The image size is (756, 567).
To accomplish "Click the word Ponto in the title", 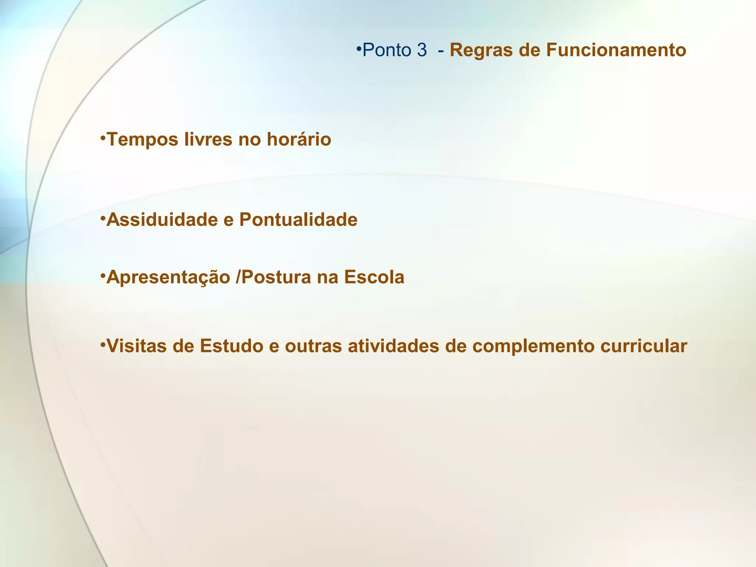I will point(386,50).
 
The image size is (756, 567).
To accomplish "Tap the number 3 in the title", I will point(422,50).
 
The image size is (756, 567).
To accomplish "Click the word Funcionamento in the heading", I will point(616,50).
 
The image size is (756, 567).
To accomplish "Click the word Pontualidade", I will point(298,220).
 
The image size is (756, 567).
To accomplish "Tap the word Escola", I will point(374,277).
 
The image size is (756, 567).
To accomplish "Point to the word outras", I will point(313,346).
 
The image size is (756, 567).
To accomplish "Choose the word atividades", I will point(394,346).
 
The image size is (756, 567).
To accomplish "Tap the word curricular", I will point(643,346).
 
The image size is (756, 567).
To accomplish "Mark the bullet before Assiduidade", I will point(103,217).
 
